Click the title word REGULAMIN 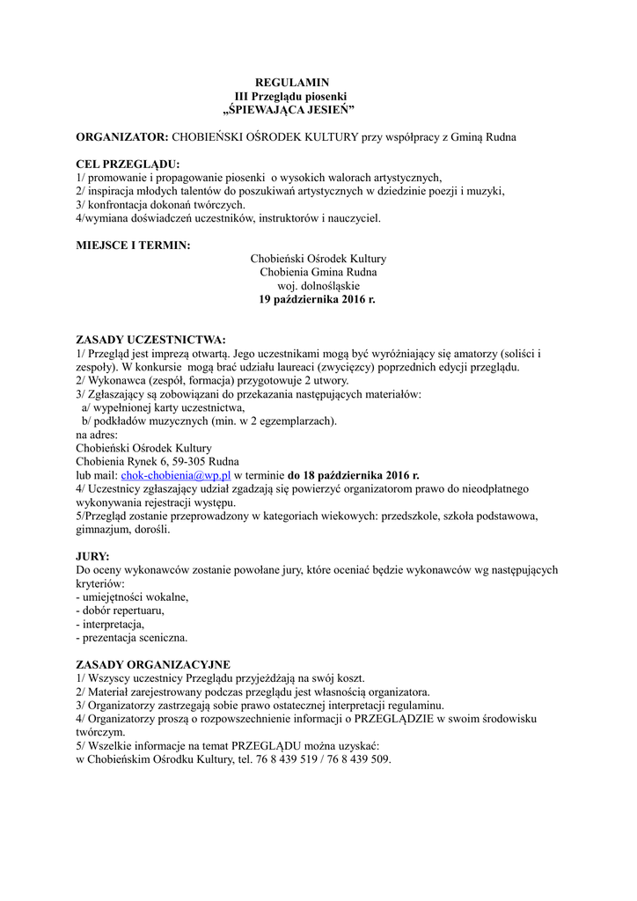pos(290,83)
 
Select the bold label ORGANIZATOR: pos(121,137)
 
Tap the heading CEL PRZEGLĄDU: pos(128,164)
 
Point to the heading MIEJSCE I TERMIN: pos(133,245)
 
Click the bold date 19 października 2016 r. pos(317,300)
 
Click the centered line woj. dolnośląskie pos(318,286)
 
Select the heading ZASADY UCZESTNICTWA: pos(151,340)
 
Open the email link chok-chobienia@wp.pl pos(175,475)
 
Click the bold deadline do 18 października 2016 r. pos(354,475)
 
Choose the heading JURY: pos(93,557)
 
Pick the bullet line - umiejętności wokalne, pos(133,597)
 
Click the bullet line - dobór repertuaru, pos(121,611)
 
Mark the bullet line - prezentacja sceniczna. pos(132,638)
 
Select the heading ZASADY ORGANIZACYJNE pos(153,665)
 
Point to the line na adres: pos(97,435)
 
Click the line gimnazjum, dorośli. pos(123,530)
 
